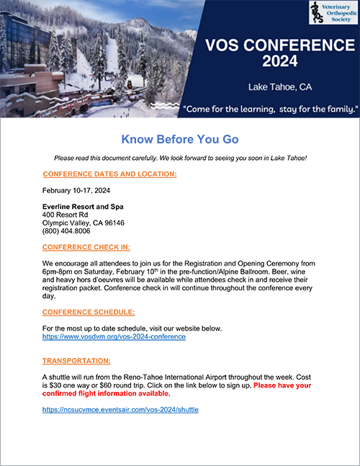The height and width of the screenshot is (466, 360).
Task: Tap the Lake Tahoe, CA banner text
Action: coord(271,87)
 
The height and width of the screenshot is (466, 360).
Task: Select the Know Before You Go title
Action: coord(179,139)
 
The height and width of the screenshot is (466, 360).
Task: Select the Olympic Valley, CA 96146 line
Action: coord(84,223)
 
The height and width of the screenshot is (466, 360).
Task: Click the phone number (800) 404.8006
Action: coord(67,231)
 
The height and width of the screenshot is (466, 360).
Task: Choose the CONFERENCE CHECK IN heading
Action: coord(86,248)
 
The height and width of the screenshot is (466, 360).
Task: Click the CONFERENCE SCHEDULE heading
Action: coord(89,312)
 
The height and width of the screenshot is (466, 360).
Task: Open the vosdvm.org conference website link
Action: coord(114,336)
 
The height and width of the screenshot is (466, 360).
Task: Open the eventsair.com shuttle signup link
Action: coord(120,409)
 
